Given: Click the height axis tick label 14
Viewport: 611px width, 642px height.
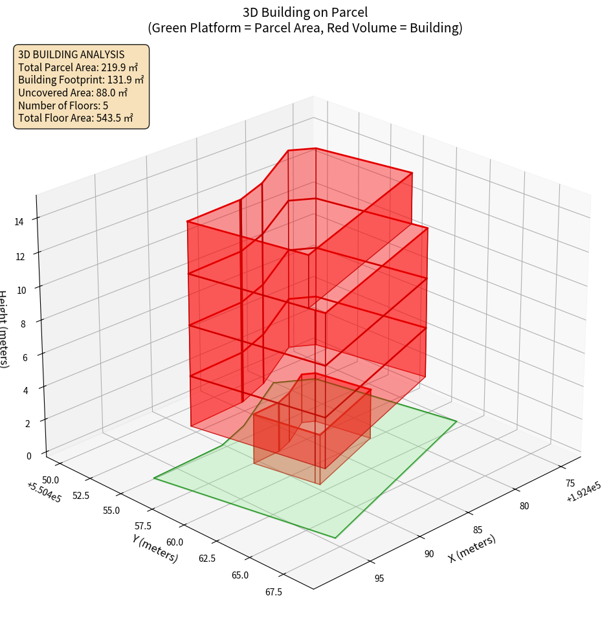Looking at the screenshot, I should pos(19,222).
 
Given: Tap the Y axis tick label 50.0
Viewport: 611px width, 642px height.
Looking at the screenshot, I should pos(50,480).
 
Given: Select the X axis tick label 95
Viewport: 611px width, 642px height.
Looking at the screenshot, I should pos(379,578).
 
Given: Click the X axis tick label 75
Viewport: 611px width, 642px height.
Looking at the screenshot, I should pos(570,483).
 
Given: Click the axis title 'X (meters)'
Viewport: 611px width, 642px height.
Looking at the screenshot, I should pos(472,549).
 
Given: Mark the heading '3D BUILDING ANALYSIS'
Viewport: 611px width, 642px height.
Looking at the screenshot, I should pos(71,54).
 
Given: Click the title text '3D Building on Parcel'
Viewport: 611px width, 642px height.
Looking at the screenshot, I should pos(305,12).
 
